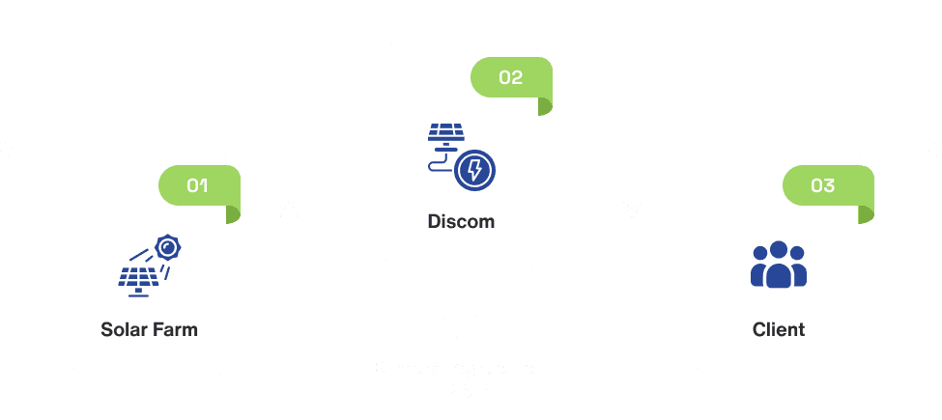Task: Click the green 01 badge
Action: (x=198, y=185)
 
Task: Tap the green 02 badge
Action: (x=510, y=77)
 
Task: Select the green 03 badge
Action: (x=823, y=185)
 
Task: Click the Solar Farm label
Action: (x=149, y=329)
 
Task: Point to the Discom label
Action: (x=461, y=221)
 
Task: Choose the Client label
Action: (x=778, y=329)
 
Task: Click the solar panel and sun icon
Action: (x=150, y=264)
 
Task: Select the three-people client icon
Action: (x=778, y=264)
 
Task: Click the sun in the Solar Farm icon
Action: (x=170, y=248)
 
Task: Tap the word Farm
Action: (x=175, y=329)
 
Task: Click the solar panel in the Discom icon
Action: (x=444, y=135)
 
